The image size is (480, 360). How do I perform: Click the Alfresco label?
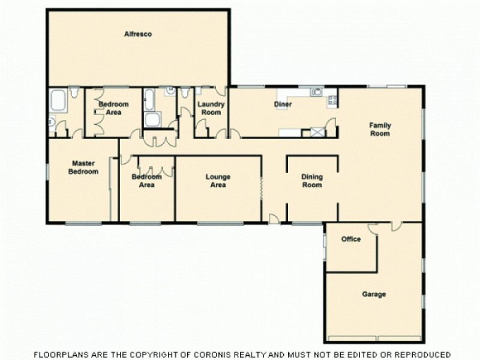(x=138, y=34)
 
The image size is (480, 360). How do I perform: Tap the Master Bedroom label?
(x=84, y=167)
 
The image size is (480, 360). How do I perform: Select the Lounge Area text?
(x=218, y=181)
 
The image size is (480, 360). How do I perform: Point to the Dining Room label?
(x=311, y=181)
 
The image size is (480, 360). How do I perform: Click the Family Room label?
(x=380, y=130)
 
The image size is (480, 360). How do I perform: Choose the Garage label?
(x=374, y=294)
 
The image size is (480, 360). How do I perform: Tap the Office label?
(x=351, y=239)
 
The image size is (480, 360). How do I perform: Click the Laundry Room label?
(x=211, y=108)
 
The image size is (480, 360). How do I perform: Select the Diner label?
(x=283, y=104)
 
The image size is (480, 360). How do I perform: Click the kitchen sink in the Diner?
(x=316, y=92)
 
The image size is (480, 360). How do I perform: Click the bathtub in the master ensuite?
(x=58, y=101)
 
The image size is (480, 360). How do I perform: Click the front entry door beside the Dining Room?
(x=274, y=220)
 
